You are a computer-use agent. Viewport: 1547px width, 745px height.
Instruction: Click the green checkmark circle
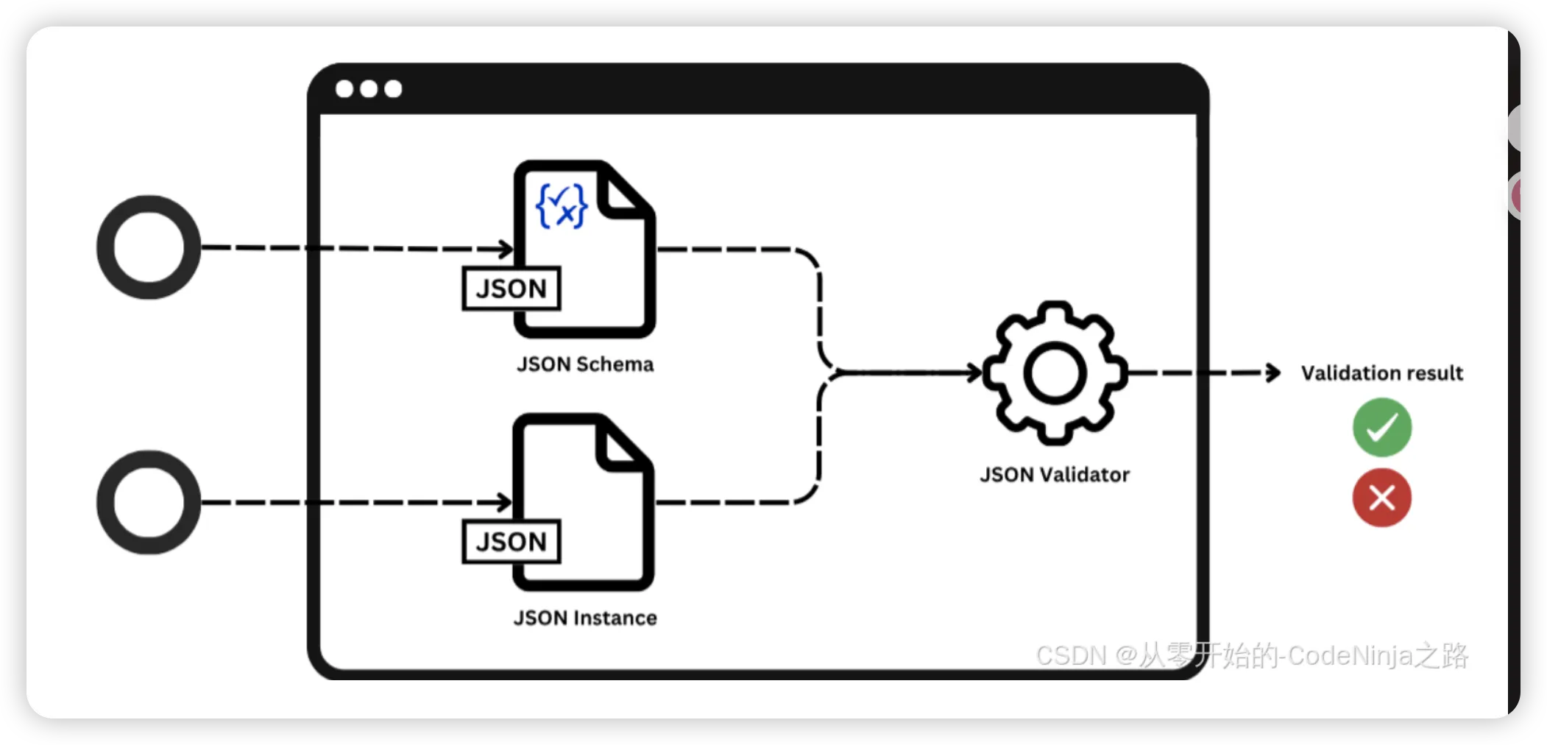[1381, 428]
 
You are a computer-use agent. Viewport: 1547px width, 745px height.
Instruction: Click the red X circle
[1381, 498]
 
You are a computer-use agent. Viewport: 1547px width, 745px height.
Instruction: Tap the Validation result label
[1381, 373]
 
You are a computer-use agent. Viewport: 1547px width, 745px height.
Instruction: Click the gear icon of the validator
[1055, 373]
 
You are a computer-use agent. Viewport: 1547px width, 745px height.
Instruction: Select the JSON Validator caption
[1055, 475]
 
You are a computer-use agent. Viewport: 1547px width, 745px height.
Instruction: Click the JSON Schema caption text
[585, 364]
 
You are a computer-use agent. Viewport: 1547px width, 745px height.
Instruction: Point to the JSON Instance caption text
[585, 618]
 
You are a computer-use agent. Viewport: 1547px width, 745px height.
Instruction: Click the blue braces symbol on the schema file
[562, 206]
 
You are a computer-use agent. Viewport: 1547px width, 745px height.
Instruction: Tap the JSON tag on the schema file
[511, 289]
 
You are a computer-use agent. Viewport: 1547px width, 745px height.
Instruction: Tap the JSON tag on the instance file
[511, 542]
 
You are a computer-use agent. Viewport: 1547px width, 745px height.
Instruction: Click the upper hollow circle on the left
[149, 247]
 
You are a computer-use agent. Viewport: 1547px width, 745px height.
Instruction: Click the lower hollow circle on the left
[149, 502]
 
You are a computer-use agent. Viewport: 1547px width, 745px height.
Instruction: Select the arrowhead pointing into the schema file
[506, 249]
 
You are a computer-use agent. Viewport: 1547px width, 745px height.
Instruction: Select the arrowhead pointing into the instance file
[505, 503]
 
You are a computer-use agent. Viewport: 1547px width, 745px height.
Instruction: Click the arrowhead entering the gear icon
[975, 373]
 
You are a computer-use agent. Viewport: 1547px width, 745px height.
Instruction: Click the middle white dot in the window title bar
[369, 89]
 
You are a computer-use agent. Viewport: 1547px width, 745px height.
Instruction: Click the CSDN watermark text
[1251, 655]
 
